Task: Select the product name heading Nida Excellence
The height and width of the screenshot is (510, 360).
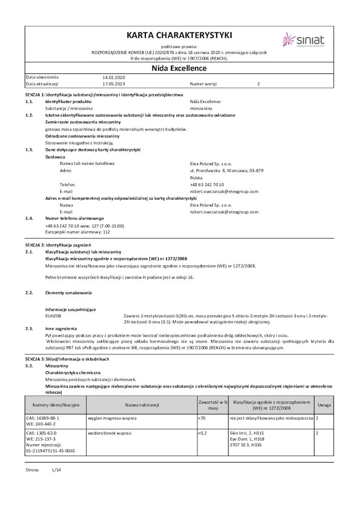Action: coord(179,68)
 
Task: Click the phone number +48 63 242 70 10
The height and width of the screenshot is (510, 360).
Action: coord(207,185)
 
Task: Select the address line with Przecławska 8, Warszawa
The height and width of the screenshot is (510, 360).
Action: coord(226,170)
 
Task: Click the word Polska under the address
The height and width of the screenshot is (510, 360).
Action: coord(196,177)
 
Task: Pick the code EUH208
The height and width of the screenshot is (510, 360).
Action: coord(53,316)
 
